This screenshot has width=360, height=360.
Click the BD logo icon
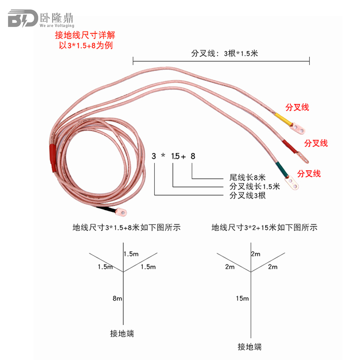[x=22, y=19]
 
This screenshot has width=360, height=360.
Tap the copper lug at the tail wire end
[x=121, y=210]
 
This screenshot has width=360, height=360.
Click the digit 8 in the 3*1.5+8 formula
[x=193, y=156]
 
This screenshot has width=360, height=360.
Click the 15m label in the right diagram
[x=242, y=298]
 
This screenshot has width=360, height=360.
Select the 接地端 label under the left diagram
[x=122, y=333]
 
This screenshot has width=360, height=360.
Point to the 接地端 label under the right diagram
[x=249, y=346]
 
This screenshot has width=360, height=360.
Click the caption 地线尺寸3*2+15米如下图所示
[x=264, y=227]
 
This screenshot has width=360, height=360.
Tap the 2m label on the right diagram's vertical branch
[x=256, y=254]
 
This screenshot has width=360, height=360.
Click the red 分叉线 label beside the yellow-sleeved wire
[x=297, y=107]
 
